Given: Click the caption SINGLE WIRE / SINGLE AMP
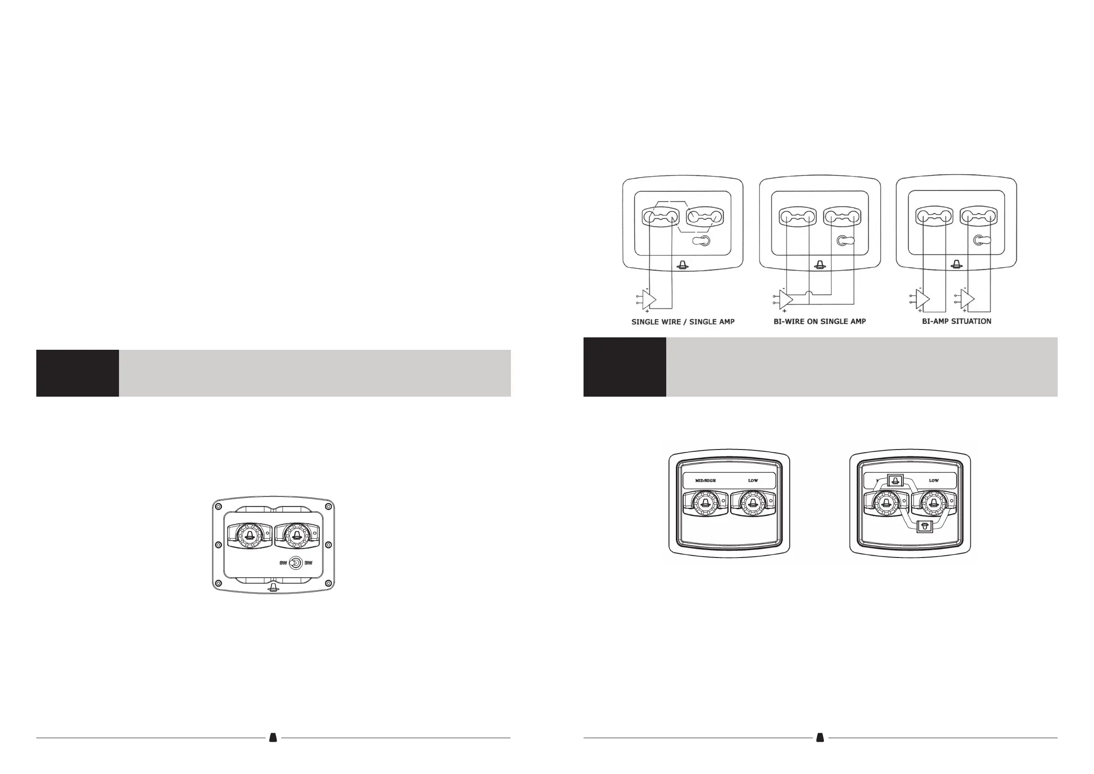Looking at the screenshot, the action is point(683,322).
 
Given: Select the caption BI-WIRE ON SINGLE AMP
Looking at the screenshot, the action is point(820,321).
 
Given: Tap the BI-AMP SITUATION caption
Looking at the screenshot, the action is point(956,321).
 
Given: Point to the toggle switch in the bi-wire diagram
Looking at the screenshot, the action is point(845,241).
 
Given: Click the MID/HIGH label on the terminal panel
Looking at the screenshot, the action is point(705,480).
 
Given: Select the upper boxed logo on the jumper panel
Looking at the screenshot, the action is point(895,481).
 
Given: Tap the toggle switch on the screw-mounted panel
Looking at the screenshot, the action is point(296,564).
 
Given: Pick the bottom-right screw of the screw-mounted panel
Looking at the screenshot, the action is point(328,584).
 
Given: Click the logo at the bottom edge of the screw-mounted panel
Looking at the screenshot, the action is point(273,587).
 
